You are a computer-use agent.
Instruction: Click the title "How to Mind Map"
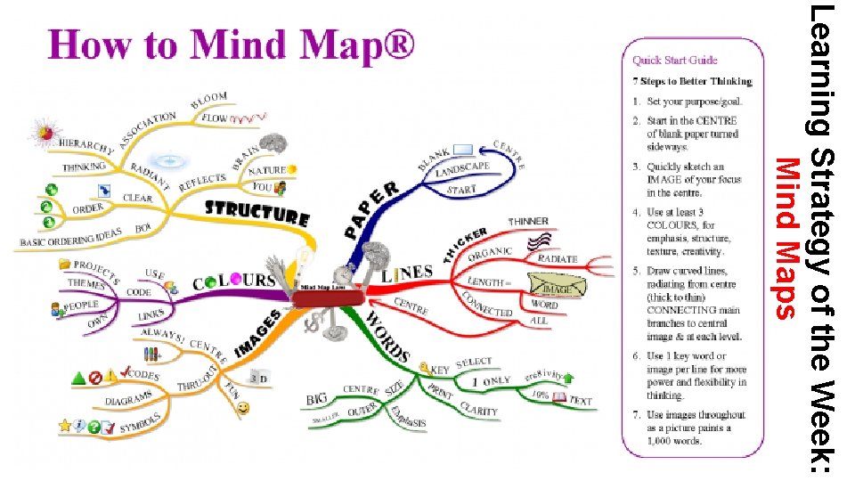[231, 44]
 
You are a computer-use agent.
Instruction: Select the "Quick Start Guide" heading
[675, 61]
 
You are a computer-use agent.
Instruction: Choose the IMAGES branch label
[259, 330]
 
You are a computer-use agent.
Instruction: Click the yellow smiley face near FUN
[243, 407]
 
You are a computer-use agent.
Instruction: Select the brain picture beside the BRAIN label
[275, 142]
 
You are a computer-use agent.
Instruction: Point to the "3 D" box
[259, 379]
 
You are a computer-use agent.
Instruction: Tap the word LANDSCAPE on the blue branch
[461, 170]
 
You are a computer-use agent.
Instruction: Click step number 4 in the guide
[636, 213]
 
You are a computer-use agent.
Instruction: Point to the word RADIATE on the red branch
[558, 258]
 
